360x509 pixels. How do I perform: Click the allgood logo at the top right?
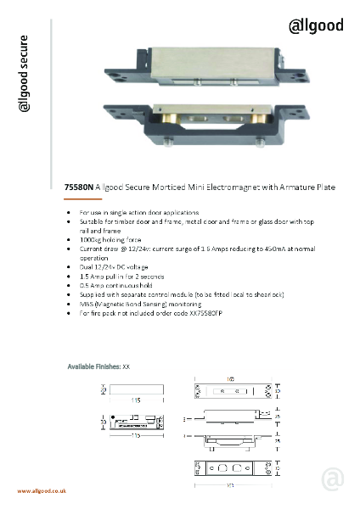point(314,25)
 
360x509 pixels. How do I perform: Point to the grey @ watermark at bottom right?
point(333,480)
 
